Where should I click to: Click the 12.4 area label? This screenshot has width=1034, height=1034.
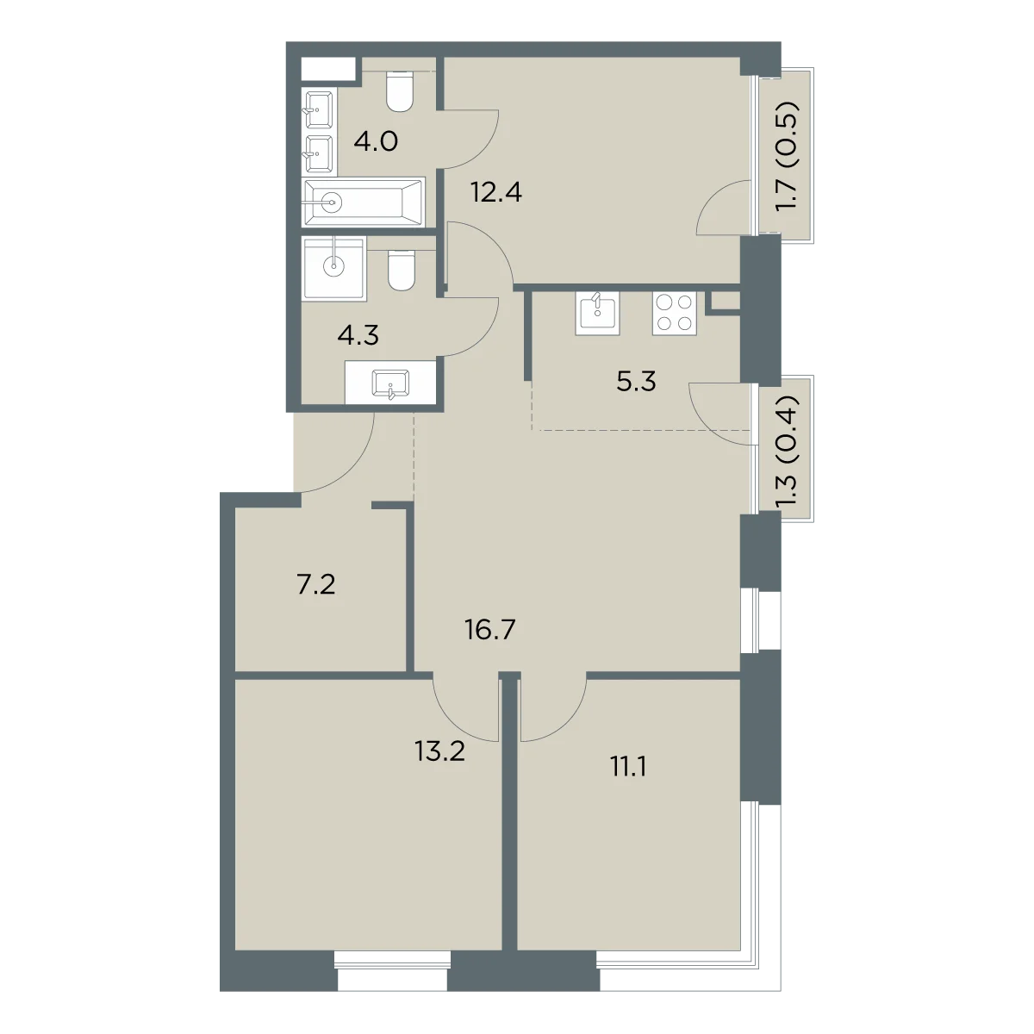495,192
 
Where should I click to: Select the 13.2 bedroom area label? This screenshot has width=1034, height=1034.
439,751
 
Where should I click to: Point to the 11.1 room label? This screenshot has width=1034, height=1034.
627,768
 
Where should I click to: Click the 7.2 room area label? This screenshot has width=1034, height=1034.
316,585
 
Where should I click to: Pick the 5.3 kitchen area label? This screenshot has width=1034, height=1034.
636,382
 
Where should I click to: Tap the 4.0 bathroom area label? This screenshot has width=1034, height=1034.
376,141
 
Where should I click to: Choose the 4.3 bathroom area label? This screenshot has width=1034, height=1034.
358,335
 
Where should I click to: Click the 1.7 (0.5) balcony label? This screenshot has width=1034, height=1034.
788,156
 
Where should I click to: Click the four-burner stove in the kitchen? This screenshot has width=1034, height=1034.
675,314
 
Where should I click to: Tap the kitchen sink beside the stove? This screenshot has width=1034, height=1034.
596,314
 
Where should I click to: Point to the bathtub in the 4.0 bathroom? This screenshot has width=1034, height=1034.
364,202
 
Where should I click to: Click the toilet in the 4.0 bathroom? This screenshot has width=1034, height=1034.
401,91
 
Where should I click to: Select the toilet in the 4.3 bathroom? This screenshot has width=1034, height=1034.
402,271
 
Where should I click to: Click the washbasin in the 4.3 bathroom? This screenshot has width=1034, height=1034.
390,384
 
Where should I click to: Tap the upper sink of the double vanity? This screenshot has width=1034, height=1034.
319,110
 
